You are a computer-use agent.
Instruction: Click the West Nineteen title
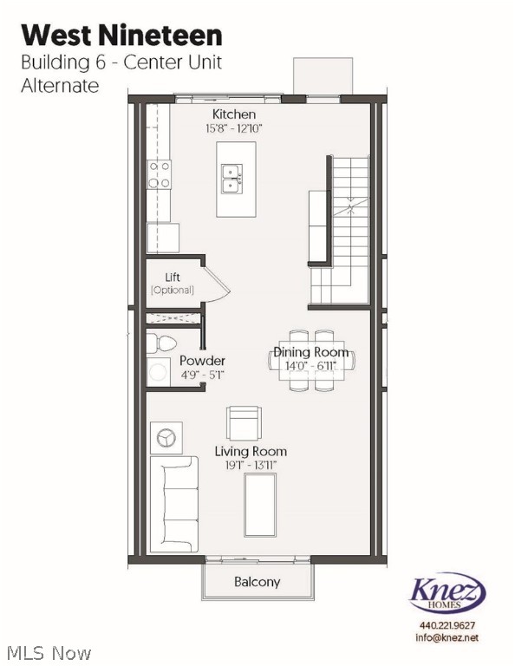(x=121, y=35)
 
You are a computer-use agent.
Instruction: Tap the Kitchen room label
(x=234, y=114)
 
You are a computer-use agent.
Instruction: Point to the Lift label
(x=173, y=277)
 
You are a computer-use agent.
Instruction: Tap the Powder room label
(x=202, y=361)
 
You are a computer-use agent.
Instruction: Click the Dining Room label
(x=311, y=352)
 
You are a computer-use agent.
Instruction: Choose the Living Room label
(x=251, y=451)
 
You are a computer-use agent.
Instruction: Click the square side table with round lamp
(x=166, y=438)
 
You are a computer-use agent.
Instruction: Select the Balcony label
(x=257, y=581)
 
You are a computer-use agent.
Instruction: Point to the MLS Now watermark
(x=47, y=651)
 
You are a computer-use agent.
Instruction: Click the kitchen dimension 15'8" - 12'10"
(x=232, y=128)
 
